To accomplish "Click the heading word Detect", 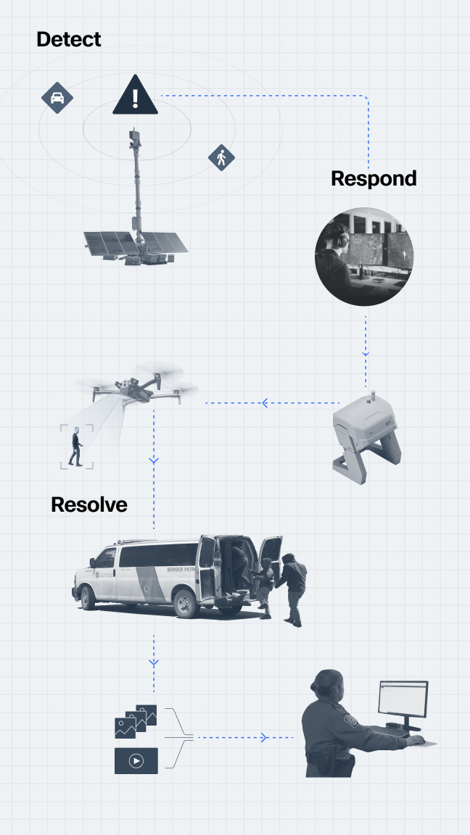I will pyautogui.click(x=69, y=39).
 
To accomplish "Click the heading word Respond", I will pyautogui.click(x=374, y=178).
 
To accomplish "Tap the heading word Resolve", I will pyautogui.click(x=89, y=504).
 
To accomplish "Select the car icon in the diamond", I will pyautogui.click(x=57, y=98).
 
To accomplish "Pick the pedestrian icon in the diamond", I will pyautogui.click(x=221, y=157).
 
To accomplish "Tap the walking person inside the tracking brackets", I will pyautogui.click(x=75, y=448).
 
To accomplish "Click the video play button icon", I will pyautogui.click(x=136, y=761).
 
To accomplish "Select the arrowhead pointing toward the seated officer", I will pyautogui.click(x=264, y=738).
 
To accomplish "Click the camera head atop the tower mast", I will pyautogui.click(x=135, y=136).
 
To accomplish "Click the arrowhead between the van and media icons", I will pyautogui.click(x=154, y=662).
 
